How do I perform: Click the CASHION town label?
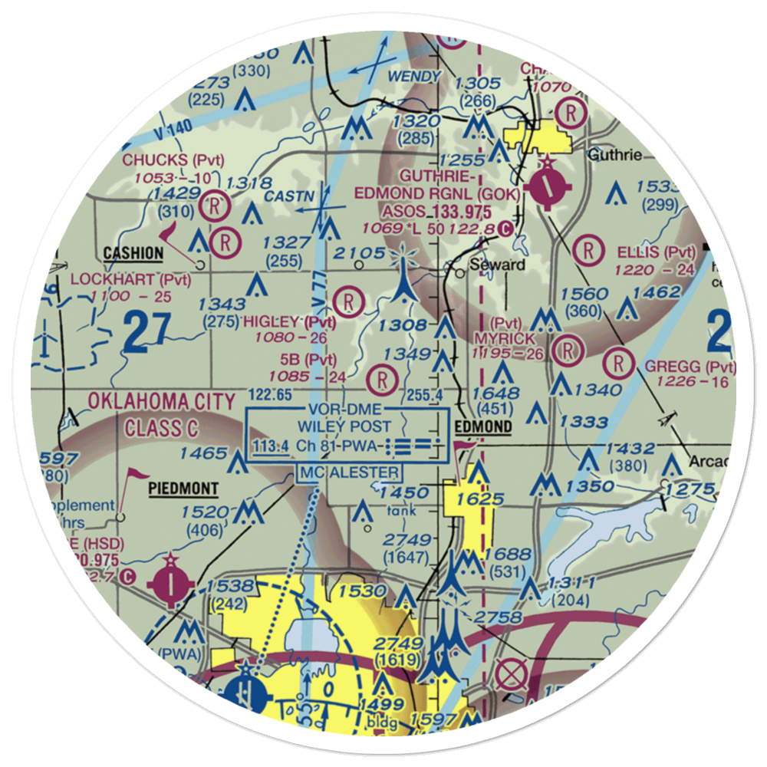[133, 253]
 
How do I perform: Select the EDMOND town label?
[483, 426]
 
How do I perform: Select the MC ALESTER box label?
[350, 472]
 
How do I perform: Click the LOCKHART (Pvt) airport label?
[130, 279]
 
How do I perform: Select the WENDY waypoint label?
[414, 77]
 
